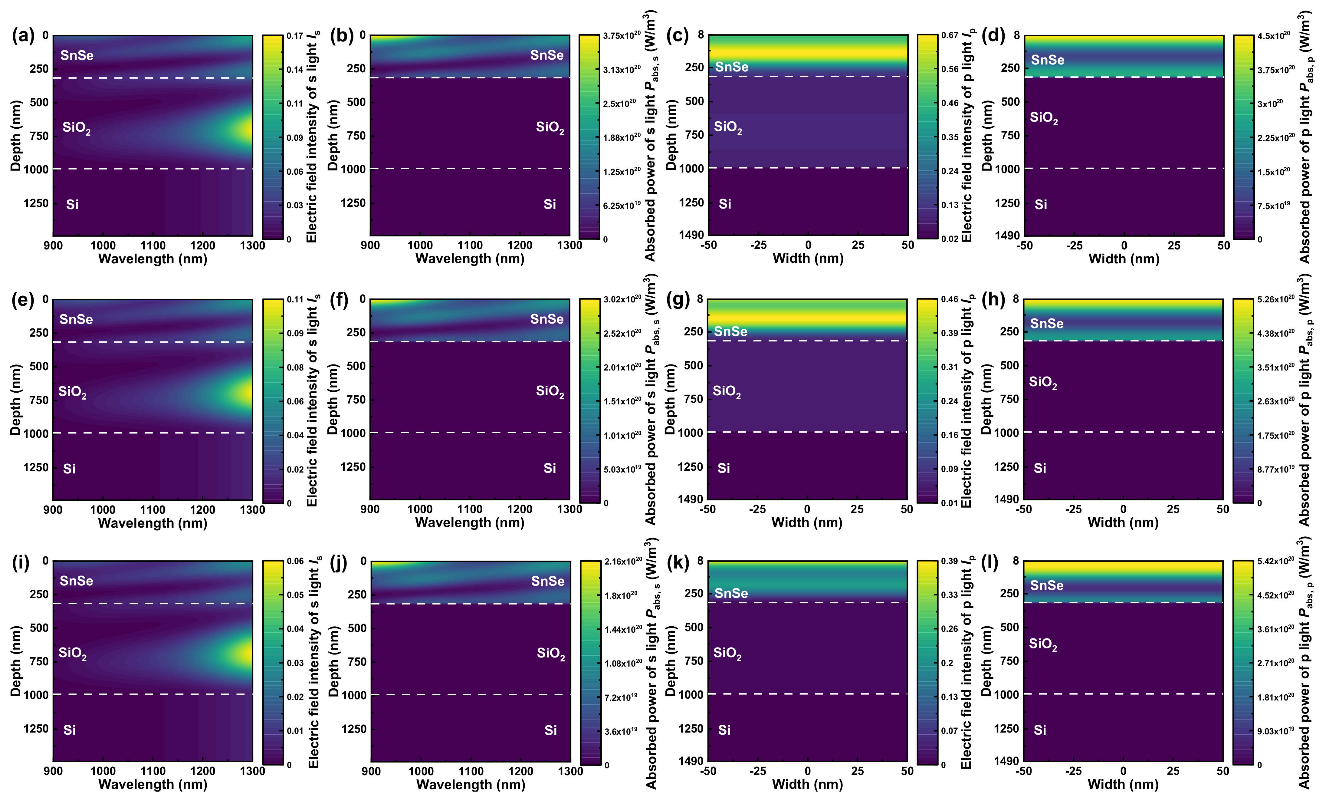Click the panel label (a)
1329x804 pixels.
[x=23, y=36]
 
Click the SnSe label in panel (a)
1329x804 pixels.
[x=77, y=56]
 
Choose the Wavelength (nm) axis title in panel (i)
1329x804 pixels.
[x=153, y=784]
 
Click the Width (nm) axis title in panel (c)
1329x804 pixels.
[x=808, y=259]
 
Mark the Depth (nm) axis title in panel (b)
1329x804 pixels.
[x=333, y=135]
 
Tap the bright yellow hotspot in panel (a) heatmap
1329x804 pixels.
[x=245, y=130]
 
